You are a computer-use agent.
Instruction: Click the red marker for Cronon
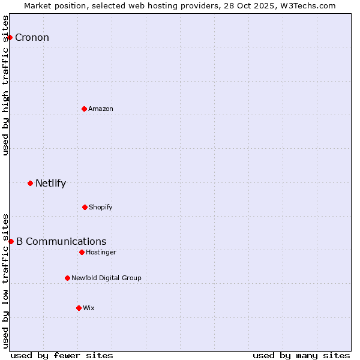pyautogui.click(x=10, y=38)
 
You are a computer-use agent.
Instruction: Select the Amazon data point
pyautogui.click(x=84, y=109)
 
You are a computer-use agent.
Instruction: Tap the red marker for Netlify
pyautogui.click(x=30, y=183)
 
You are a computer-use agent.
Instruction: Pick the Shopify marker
pyautogui.click(x=85, y=207)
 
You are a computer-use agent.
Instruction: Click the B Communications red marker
pyautogui.click(x=11, y=241)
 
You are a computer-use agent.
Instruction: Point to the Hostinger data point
pyautogui.click(x=82, y=252)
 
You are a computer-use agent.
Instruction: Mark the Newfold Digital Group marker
pyautogui.click(x=67, y=278)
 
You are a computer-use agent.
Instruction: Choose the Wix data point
pyautogui.click(x=79, y=308)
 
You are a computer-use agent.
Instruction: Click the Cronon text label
pyautogui.click(x=32, y=38)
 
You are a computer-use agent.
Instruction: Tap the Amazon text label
pyautogui.click(x=101, y=109)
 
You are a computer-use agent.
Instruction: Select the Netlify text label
pyautogui.click(x=50, y=183)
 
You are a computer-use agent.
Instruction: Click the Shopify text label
pyautogui.click(x=101, y=207)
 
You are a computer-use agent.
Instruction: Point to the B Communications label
pyautogui.click(x=61, y=241)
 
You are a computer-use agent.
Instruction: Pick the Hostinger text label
pyautogui.click(x=101, y=252)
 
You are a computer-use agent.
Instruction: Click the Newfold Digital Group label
pyautogui.click(x=106, y=278)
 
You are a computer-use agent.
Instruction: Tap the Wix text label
pyautogui.click(x=89, y=308)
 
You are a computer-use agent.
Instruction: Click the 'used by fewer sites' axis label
pyautogui.click(x=62, y=355)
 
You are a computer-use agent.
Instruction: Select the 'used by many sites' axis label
pyautogui.click(x=301, y=355)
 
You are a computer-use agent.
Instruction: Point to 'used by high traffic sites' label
pyautogui.click(x=6, y=85)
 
